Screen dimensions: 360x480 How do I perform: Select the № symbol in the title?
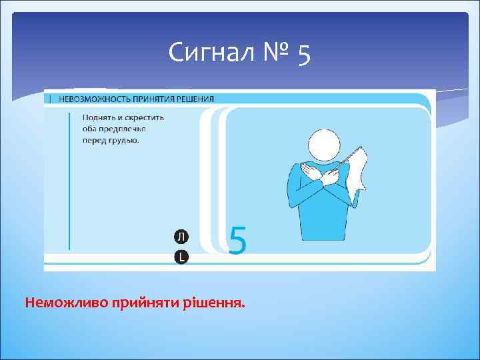click(273, 52)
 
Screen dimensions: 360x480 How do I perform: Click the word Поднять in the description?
click(98, 118)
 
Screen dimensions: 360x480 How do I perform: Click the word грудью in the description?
click(124, 140)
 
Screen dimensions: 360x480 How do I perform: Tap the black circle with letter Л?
click(181, 237)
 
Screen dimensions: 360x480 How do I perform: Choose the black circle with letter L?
click(181, 257)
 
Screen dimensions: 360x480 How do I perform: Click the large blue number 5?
click(237, 240)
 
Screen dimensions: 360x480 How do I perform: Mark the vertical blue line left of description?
click(69, 181)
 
